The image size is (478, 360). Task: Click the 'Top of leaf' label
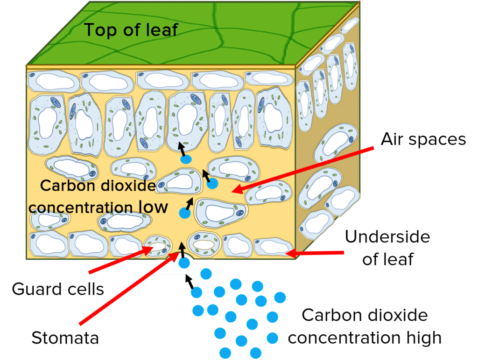coord(131,30)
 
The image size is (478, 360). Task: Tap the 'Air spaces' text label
coord(423,139)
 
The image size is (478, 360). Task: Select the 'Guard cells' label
coord(58,289)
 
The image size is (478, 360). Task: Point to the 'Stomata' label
coord(65,338)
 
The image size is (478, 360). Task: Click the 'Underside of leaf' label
coord(387,247)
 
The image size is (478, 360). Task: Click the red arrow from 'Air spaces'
coord(303,169)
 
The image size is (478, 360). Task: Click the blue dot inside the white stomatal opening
coord(184,263)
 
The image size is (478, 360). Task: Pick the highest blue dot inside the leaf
coord(186,159)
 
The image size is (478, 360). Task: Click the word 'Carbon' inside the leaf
coord(65,186)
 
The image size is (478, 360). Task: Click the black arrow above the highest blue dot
coord(182,148)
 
